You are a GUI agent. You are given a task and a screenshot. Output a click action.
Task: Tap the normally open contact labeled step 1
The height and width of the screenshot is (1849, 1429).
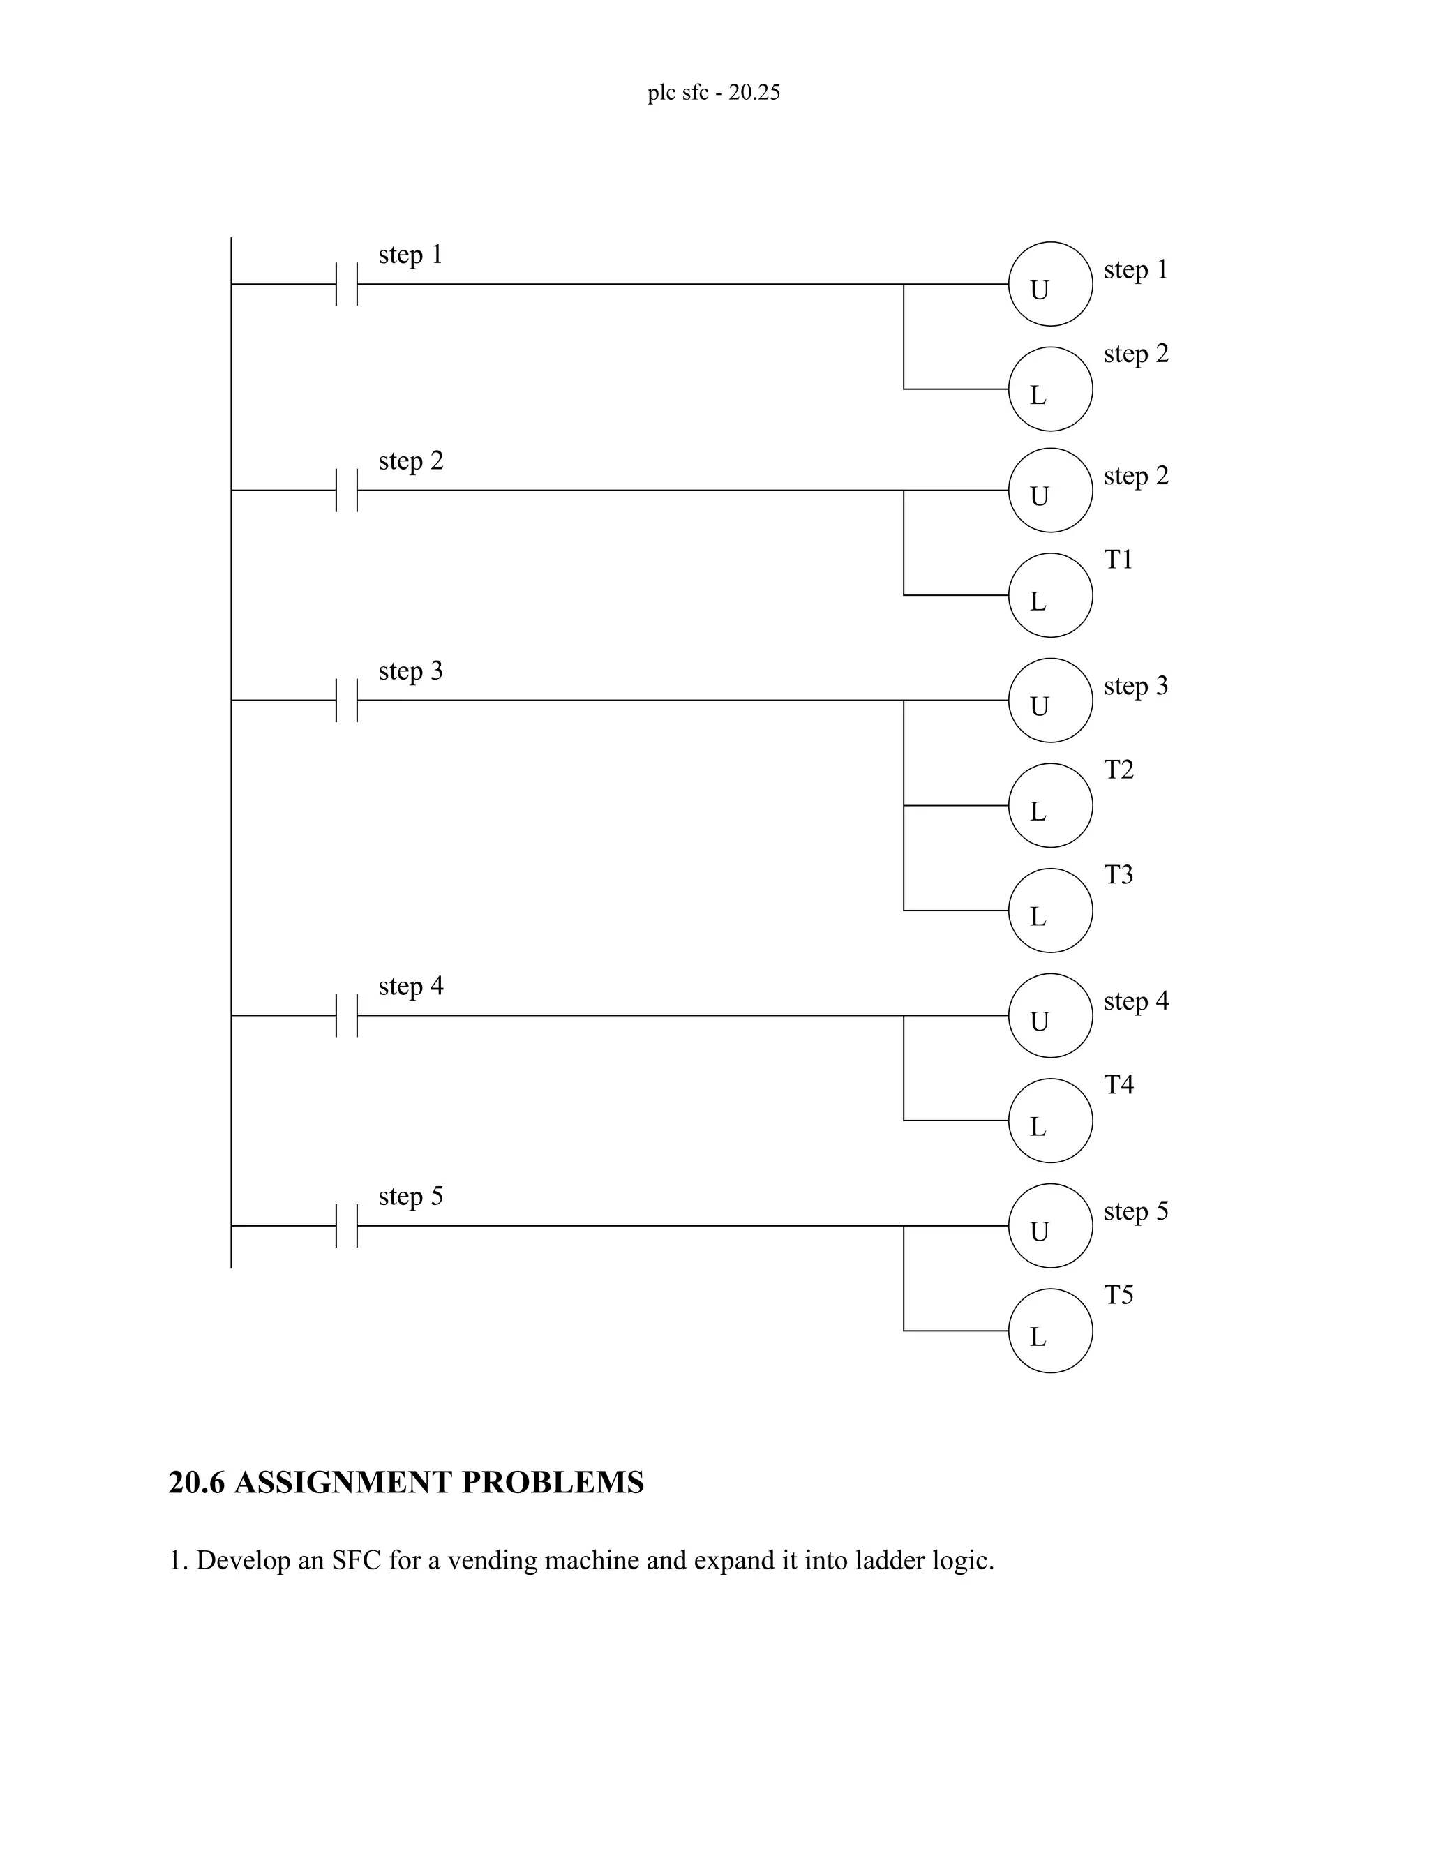346,285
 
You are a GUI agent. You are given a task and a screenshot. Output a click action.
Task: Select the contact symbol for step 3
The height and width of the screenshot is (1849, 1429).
346,700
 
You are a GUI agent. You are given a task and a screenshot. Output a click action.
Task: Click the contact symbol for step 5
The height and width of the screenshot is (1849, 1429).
346,1225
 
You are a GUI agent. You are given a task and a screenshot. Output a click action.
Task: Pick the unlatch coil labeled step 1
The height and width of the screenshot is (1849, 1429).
1049,285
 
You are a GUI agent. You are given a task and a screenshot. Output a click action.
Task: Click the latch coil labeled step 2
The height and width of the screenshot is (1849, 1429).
1049,389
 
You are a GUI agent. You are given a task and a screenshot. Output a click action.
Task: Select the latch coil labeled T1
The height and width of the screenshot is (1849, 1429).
1049,595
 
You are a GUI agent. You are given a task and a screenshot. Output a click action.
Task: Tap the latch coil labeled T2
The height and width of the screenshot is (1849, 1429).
1049,805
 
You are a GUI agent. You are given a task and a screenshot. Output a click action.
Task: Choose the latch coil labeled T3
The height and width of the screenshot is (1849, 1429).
1049,910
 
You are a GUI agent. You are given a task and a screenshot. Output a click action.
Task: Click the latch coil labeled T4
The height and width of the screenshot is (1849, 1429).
1049,1120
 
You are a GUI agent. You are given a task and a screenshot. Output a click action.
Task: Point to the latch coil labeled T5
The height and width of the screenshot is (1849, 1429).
1049,1330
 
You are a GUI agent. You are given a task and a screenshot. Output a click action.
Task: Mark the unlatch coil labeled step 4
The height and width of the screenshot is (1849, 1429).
1049,1015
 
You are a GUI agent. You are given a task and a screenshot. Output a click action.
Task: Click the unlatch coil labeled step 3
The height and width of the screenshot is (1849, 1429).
1049,700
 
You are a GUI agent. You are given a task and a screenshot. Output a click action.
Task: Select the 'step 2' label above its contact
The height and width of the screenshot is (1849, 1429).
410,462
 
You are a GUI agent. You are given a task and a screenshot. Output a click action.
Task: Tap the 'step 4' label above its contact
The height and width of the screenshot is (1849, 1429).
410,987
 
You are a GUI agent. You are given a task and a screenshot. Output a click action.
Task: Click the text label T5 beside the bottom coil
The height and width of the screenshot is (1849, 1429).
1118,1295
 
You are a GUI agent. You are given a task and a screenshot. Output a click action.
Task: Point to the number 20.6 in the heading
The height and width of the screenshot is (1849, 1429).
196,1483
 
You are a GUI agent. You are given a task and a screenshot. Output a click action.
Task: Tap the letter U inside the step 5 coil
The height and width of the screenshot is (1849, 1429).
1040,1232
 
